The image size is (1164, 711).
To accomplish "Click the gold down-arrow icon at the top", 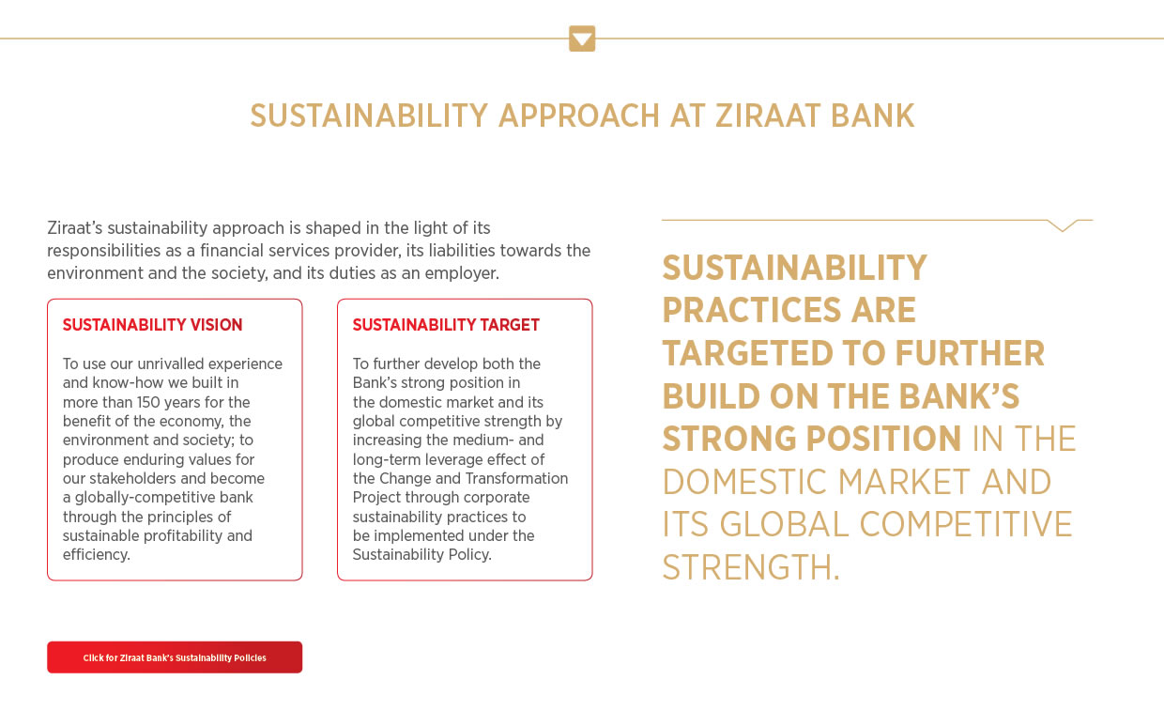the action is [x=582, y=39].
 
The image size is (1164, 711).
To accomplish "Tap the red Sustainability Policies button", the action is [x=175, y=657].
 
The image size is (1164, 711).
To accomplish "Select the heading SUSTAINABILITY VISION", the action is [x=152, y=325].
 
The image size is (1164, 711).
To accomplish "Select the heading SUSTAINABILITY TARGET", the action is [x=446, y=325].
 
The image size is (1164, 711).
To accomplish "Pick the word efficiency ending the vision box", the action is [x=96, y=555].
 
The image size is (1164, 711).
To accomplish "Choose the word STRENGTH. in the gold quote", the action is [x=751, y=567].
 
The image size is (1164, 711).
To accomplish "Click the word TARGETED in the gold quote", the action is [x=748, y=353].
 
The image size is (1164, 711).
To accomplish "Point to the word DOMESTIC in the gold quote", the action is [x=744, y=482].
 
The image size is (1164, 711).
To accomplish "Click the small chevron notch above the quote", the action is [x=1063, y=225].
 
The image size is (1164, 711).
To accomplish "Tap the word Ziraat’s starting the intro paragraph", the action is [x=75, y=228].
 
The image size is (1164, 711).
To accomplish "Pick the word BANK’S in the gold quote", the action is [x=958, y=396].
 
